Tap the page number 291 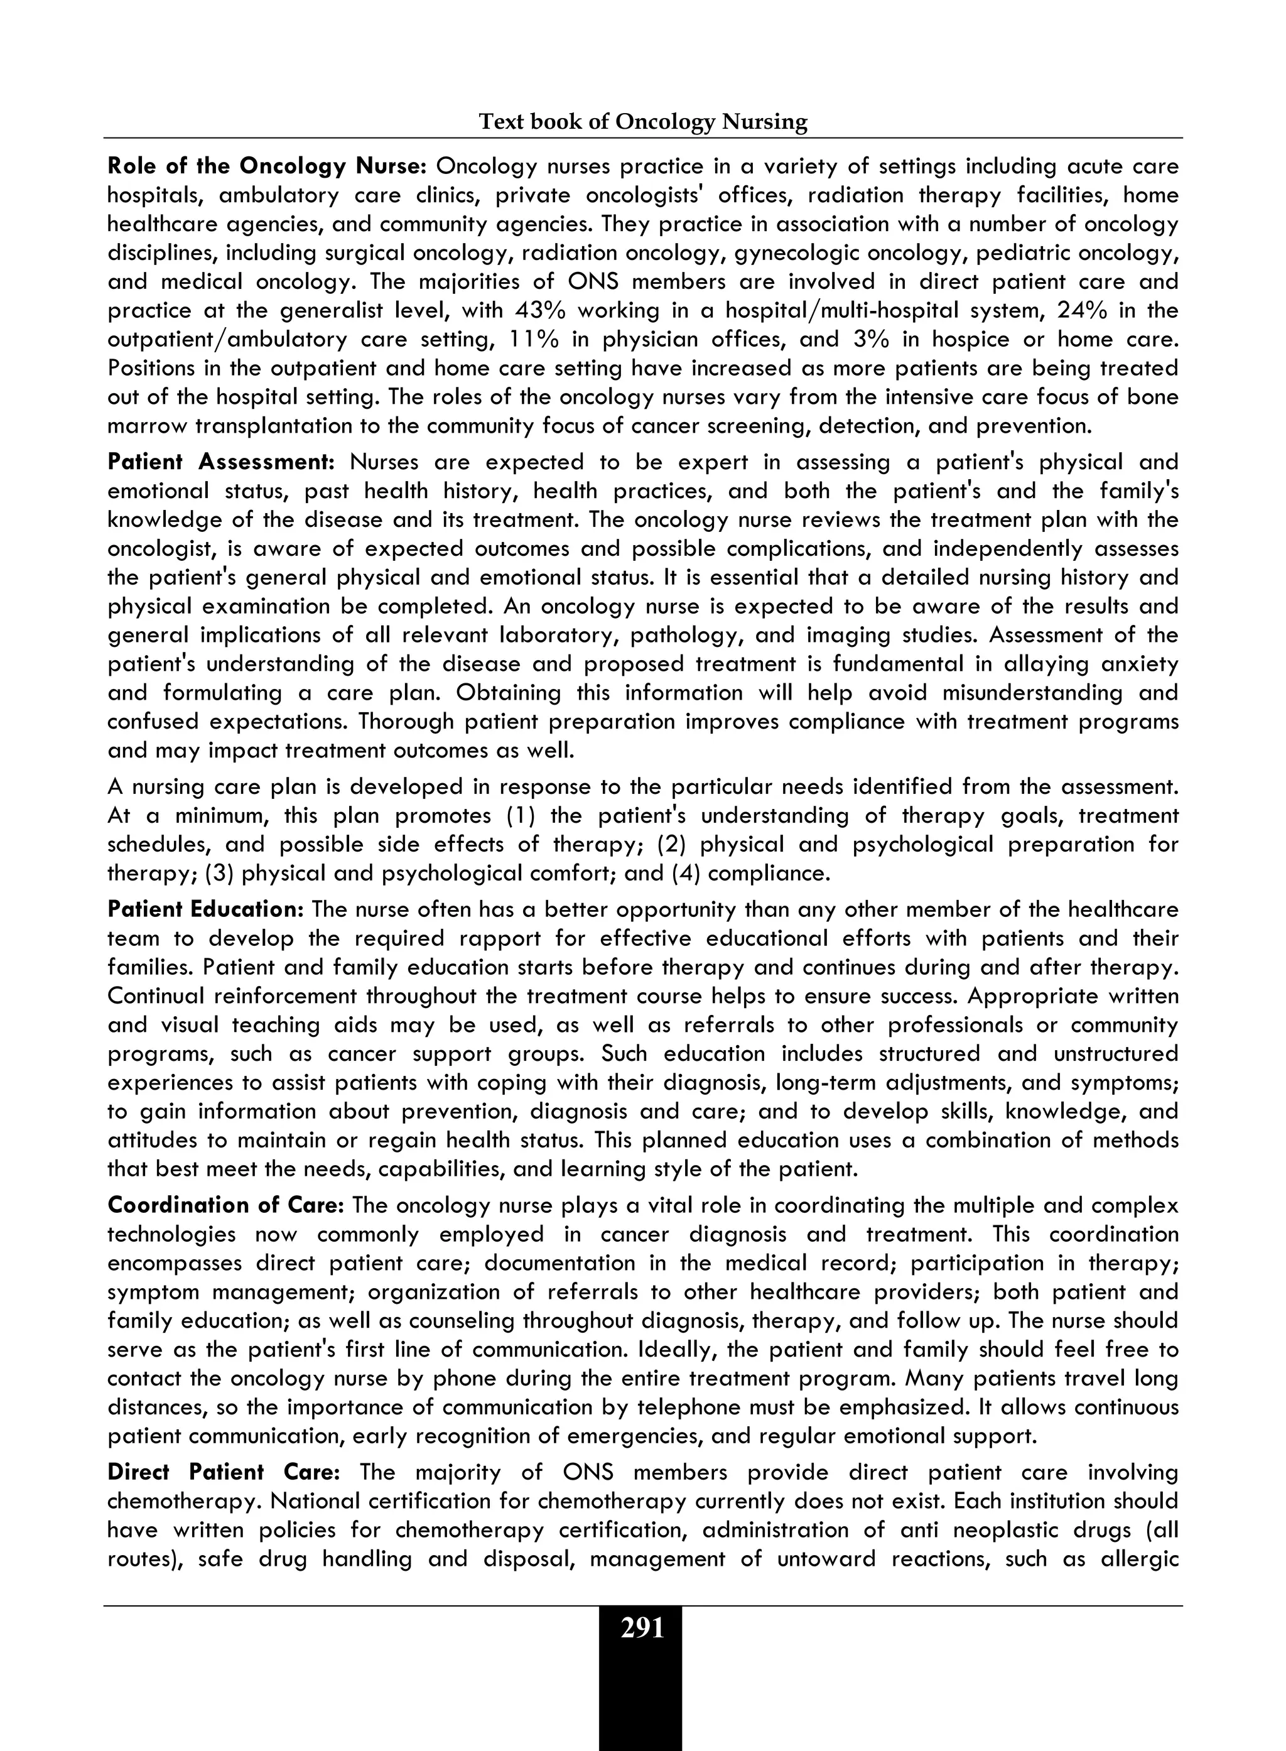coord(642,1628)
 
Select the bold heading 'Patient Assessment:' coord(221,462)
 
